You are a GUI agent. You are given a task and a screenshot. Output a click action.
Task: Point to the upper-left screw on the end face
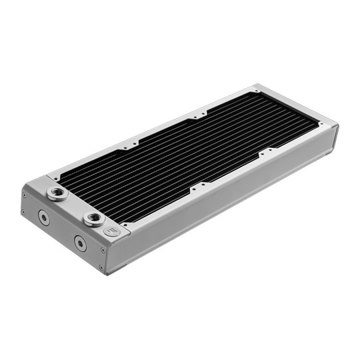(x=24, y=194)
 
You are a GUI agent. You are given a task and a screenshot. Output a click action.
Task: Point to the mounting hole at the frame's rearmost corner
(x=255, y=89)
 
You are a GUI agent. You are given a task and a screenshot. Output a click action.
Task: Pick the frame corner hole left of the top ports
(x=51, y=178)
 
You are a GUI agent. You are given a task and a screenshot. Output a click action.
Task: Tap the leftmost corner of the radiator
(x=21, y=190)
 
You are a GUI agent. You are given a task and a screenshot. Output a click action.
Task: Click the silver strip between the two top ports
(x=73, y=205)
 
